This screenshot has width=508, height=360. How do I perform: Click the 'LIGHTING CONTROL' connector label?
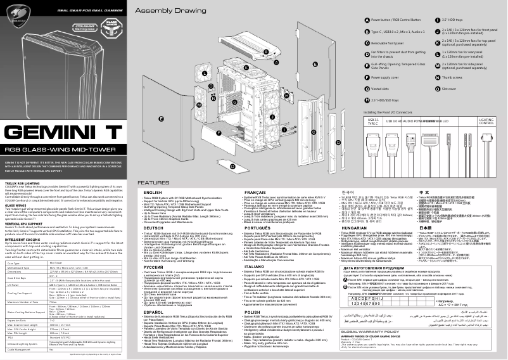[486, 122]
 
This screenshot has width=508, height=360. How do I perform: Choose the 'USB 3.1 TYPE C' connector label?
[373, 122]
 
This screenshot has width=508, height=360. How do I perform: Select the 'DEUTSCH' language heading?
[154, 229]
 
